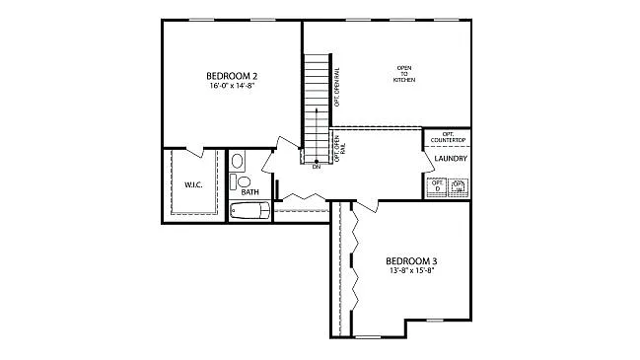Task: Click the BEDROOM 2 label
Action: [x=231, y=76]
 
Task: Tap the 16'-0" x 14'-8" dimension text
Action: [x=231, y=86]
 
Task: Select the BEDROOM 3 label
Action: [x=411, y=260]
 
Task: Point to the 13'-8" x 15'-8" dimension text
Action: [x=411, y=270]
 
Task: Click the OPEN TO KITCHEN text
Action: [x=403, y=73]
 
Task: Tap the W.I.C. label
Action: [x=193, y=184]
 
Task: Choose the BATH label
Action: [x=249, y=192]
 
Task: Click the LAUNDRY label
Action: [x=449, y=159]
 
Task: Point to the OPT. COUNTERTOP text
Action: [x=449, y=137]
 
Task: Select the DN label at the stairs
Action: [x=316, y=168]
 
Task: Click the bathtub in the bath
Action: [x=249, y=210]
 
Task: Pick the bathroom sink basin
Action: [x=238, y=161]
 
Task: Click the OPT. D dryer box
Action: [x=437, y=185]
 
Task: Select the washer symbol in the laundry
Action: [x=459, y=186]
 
